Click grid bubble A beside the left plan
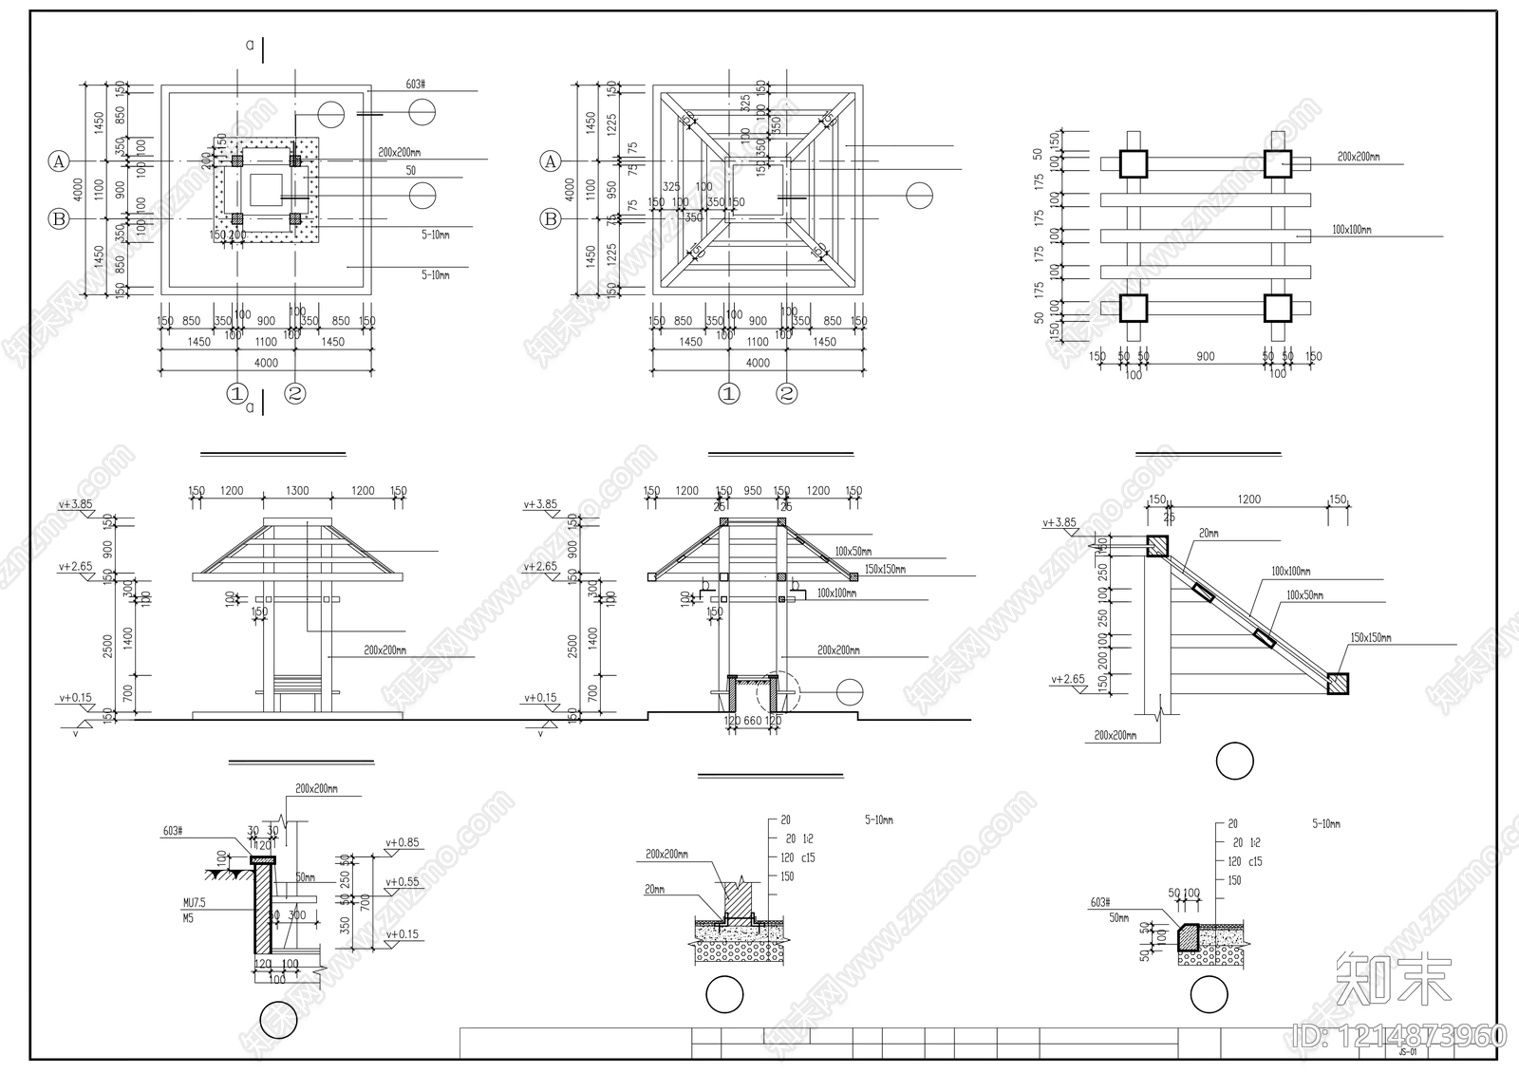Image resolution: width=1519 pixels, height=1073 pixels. click(59, 161)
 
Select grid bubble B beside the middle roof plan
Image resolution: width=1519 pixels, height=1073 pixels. click(551, 219)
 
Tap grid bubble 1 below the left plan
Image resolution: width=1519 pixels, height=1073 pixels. click(237, 393)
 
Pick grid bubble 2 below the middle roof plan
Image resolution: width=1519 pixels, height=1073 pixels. click(787, 393)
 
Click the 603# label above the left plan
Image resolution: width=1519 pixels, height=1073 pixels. click(415, 85)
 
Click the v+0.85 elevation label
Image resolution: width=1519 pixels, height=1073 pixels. click(402, 842)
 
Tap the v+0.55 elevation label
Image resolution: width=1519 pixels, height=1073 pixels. click(402, 882)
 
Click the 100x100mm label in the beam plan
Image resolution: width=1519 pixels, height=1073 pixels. click(1351, 230)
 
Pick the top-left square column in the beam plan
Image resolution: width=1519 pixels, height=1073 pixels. click(1133, 164)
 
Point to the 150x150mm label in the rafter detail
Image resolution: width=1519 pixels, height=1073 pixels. click(1370, 638)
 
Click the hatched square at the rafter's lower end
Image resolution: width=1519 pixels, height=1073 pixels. click(1338, 684)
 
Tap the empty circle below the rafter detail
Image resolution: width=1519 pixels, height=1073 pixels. click(1234, 762)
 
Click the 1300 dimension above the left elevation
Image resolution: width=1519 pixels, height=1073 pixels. click(296, 491)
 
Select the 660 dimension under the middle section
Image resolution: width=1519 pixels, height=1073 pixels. click(752, 722)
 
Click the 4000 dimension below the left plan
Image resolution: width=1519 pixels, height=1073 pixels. click(266, 363)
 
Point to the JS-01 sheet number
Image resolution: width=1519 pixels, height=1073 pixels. click(1408, 1052)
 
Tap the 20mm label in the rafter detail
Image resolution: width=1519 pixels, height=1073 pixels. click(1208, 534)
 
